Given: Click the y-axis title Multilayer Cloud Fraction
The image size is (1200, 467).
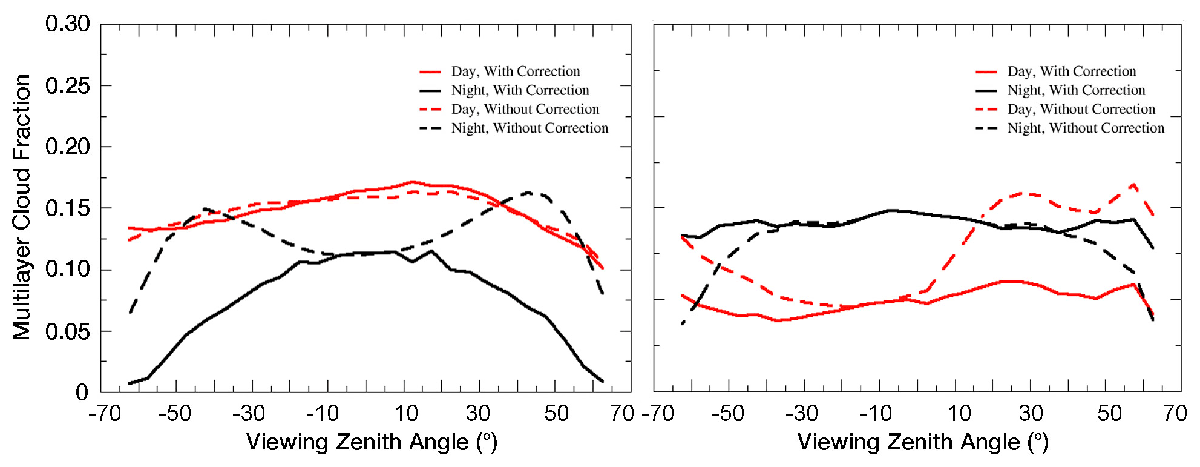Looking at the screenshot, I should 22,207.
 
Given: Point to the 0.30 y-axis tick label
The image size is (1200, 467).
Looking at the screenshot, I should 67,24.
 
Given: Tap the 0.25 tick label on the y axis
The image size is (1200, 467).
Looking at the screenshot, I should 67,85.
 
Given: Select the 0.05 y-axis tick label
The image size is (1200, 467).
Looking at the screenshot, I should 67,331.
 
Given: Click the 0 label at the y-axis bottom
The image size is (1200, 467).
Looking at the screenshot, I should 82,392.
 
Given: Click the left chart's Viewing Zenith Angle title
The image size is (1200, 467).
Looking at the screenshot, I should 372,442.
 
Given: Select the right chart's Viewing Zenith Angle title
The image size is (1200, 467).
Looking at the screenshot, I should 923,442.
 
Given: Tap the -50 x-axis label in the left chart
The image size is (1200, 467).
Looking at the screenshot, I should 174,414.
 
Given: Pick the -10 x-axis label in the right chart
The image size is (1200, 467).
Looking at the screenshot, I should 875,414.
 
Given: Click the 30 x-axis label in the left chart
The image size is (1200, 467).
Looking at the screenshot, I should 477,414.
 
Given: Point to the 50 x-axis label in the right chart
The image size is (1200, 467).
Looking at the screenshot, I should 1109,414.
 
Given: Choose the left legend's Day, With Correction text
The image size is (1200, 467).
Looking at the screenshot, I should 516,71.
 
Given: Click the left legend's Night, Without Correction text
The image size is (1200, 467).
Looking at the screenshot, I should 530,128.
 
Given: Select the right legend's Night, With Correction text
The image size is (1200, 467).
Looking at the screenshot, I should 1076,90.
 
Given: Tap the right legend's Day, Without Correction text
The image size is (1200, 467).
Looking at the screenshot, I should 1081,109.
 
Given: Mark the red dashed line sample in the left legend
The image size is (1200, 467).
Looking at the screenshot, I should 430,110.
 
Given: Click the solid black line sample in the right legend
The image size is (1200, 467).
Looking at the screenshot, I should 986,91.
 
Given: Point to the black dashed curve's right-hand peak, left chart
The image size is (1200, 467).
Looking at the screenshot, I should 528,193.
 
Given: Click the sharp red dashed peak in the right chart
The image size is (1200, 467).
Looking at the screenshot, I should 1133,184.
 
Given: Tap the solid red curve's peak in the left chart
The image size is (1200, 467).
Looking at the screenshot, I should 412,181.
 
